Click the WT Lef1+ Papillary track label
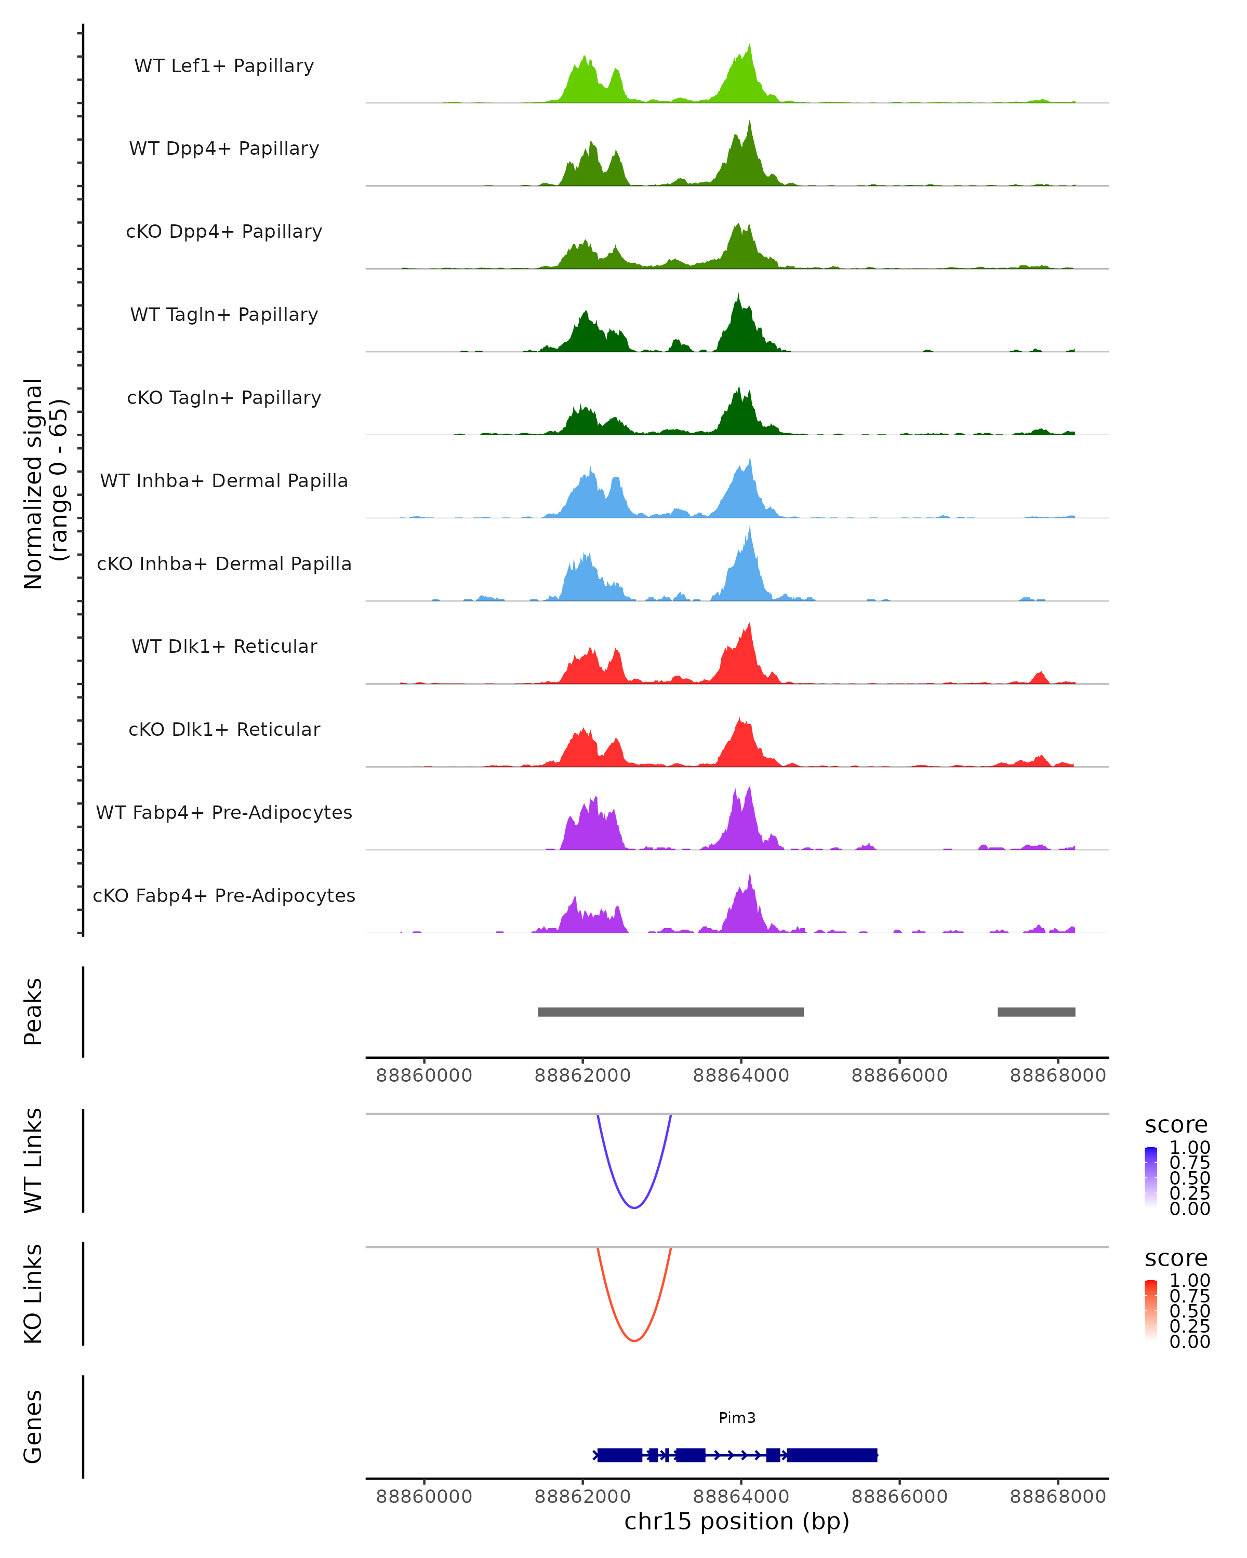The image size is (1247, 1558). [x=224, y=66]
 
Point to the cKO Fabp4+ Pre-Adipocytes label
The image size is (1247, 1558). [x=224, y=895]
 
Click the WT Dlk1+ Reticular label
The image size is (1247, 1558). [x=224, y=646]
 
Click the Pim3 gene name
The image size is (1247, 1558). [x=737, y=1418]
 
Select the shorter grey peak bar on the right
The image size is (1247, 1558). [x=1036, y=1012]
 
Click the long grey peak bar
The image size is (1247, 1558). [x=670, y=1012]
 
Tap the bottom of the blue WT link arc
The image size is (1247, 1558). [x=634, y=1207]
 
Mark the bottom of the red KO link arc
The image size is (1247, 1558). [x=634, y=1340]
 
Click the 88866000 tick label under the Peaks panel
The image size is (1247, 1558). [x=899, y=1076]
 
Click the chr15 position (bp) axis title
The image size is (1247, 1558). [x=737, y=1522]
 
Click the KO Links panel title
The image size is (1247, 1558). [x=33, y=1294]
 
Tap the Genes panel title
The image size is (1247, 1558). [x=33, y=1427]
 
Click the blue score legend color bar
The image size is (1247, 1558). [x=1151, y=1177]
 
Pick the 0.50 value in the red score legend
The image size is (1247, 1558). [x=1189, y=1311]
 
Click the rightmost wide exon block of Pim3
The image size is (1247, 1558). [x=831, y=1455]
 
